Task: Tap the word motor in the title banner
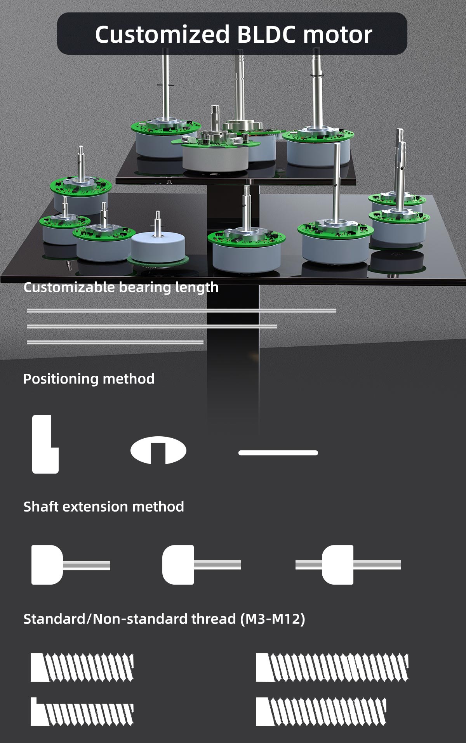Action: click(337, 35)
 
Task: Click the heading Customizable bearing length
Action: click(121, 287)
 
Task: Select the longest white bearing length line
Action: click(181, 311)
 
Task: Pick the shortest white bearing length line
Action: click(115, 342)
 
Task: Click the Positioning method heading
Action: click(89, 379)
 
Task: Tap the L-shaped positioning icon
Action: click(45, 444)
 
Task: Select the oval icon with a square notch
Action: click(158, 450)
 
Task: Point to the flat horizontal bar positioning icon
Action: click(278, 453)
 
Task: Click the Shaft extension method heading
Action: click(104, 507)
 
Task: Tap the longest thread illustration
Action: click(332, 667)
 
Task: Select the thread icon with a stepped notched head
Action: click(82, 712)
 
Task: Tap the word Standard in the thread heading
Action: click(54, 619)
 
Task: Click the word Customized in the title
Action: click(162, 35)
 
